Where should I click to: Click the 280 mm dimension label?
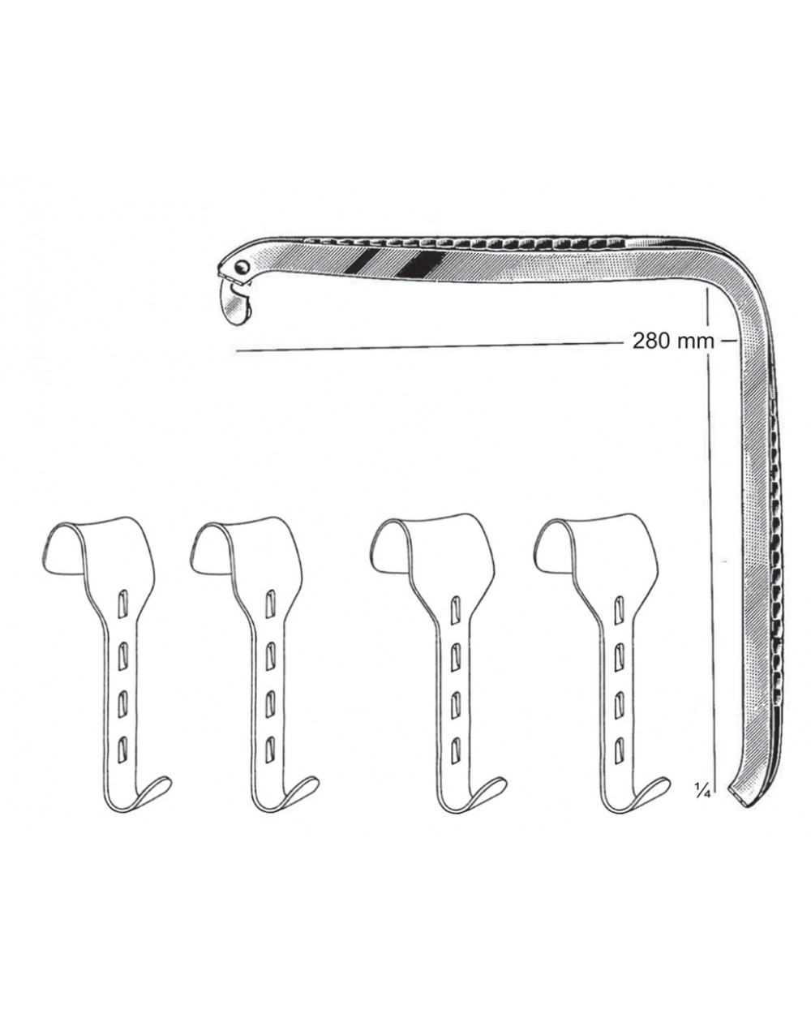(x=673, y=341)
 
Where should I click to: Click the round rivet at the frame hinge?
(x=242, y=268)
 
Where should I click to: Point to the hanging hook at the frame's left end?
(x=235, y=303)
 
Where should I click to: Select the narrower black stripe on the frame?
(x=361, y=261)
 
